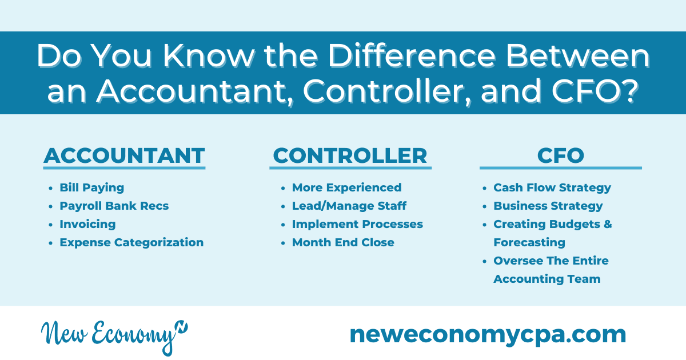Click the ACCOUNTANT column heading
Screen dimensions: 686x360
click(125, 156)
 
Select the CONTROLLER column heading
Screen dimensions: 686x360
click(350, 156)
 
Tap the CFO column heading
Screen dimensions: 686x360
click(561, 156)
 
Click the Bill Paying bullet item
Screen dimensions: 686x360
click(92, 187)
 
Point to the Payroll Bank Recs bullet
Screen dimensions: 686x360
click(114, 206)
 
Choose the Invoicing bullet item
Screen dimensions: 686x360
click(87, 225)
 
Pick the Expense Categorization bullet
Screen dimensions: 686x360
click(131, 242)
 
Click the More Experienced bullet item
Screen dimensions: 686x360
click(346, 187)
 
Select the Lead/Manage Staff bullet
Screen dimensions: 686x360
click(349, 206)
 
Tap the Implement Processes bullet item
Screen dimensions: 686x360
click(357, 225)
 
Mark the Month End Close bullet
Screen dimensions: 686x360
click(343, 242)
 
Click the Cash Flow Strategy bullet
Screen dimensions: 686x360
click(552, 187)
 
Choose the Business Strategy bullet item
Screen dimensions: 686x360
click(548, 206)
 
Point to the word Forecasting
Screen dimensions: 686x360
click(529, 243)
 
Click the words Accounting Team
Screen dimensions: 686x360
click(547, 279)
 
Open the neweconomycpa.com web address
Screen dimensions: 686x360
click(488, 335)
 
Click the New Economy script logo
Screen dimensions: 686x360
click(114, 337)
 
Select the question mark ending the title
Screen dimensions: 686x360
click(629, 91)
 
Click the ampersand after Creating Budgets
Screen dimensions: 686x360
click(608, 224)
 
